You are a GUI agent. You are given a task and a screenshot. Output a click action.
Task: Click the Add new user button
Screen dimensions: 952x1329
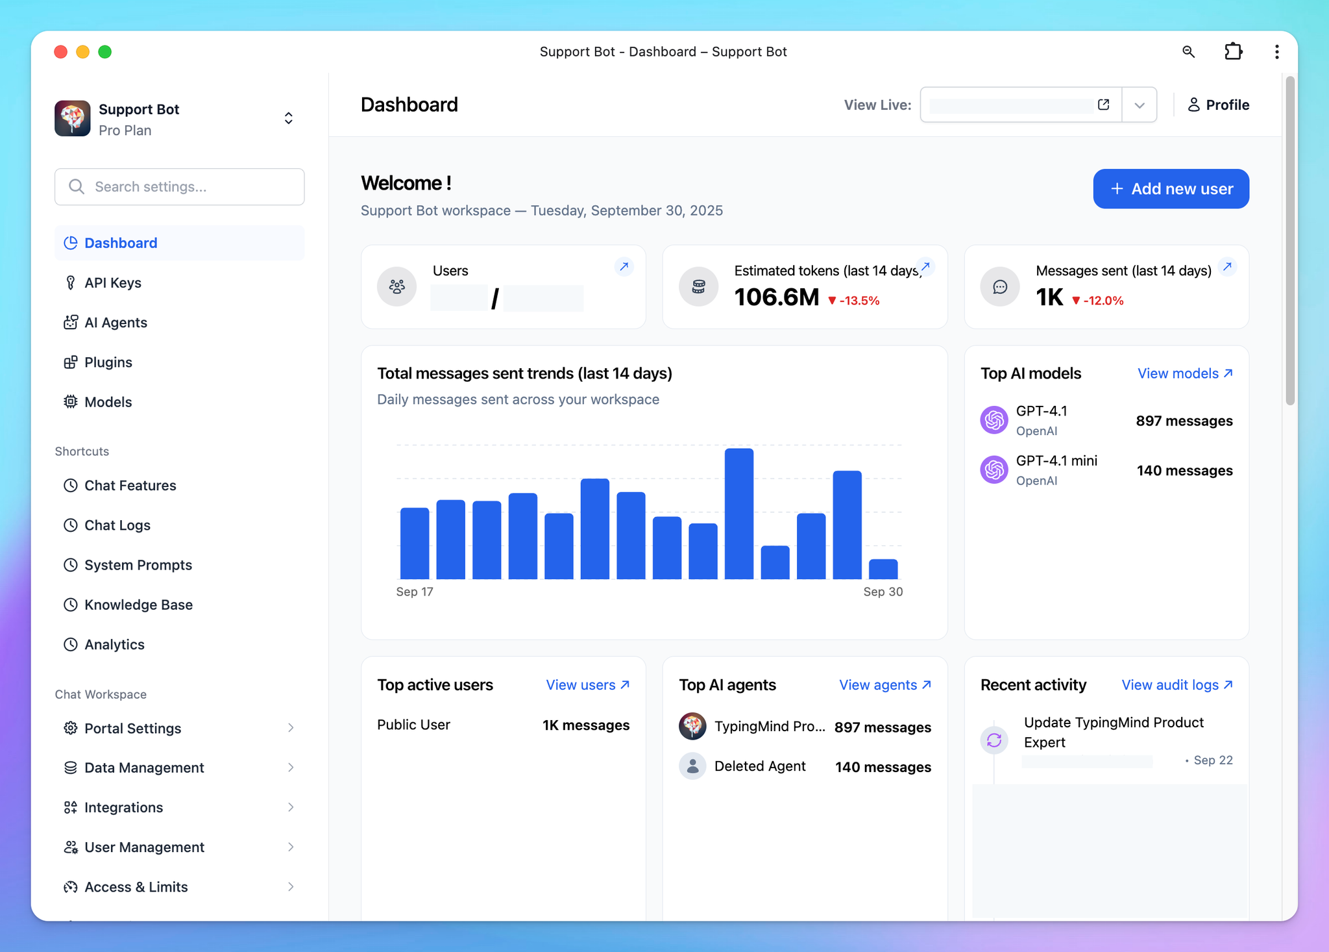click(x=1171, y=189)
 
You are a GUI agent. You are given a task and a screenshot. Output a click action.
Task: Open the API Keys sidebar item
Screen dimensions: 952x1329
click(x=112, y=283)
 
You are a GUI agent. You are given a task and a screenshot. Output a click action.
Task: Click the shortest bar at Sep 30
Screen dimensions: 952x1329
click(x=883, y=569)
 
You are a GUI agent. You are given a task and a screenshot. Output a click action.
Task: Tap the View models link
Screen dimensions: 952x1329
click(x=1184, y=373)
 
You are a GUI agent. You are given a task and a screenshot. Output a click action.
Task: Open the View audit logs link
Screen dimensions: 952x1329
click(x=1177, y=685)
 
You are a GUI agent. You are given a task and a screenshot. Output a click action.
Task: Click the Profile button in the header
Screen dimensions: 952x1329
click(x=1218, y=105)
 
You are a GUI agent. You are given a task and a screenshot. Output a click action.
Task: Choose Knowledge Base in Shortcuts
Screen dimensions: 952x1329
click(x=138, y=605)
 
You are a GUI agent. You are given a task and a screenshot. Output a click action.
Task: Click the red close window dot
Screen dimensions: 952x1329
click(x=61, y=52)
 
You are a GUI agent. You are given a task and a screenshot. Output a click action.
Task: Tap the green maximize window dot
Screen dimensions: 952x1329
click(x=105, y=52)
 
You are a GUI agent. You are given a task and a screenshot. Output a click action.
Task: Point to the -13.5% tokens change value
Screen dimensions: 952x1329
click(x=859, y=301)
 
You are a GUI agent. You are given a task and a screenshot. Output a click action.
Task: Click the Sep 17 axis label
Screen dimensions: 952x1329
click(x=415, y=592)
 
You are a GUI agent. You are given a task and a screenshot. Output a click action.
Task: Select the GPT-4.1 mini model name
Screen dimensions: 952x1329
click(x=1056, y=461)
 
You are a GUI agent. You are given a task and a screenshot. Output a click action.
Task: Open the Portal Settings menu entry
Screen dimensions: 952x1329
click(x=132, y=729)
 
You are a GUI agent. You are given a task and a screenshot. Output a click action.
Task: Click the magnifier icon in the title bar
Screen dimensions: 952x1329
click(x=1188, y=52)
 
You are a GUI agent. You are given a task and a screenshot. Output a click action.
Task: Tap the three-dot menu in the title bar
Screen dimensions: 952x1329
click(x=1276, y=52)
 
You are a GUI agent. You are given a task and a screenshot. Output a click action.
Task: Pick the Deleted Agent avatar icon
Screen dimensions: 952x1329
click(x=692, y=766)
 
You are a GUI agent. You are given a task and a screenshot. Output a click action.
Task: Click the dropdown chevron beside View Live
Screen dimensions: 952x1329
click(x=1139, y=105)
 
